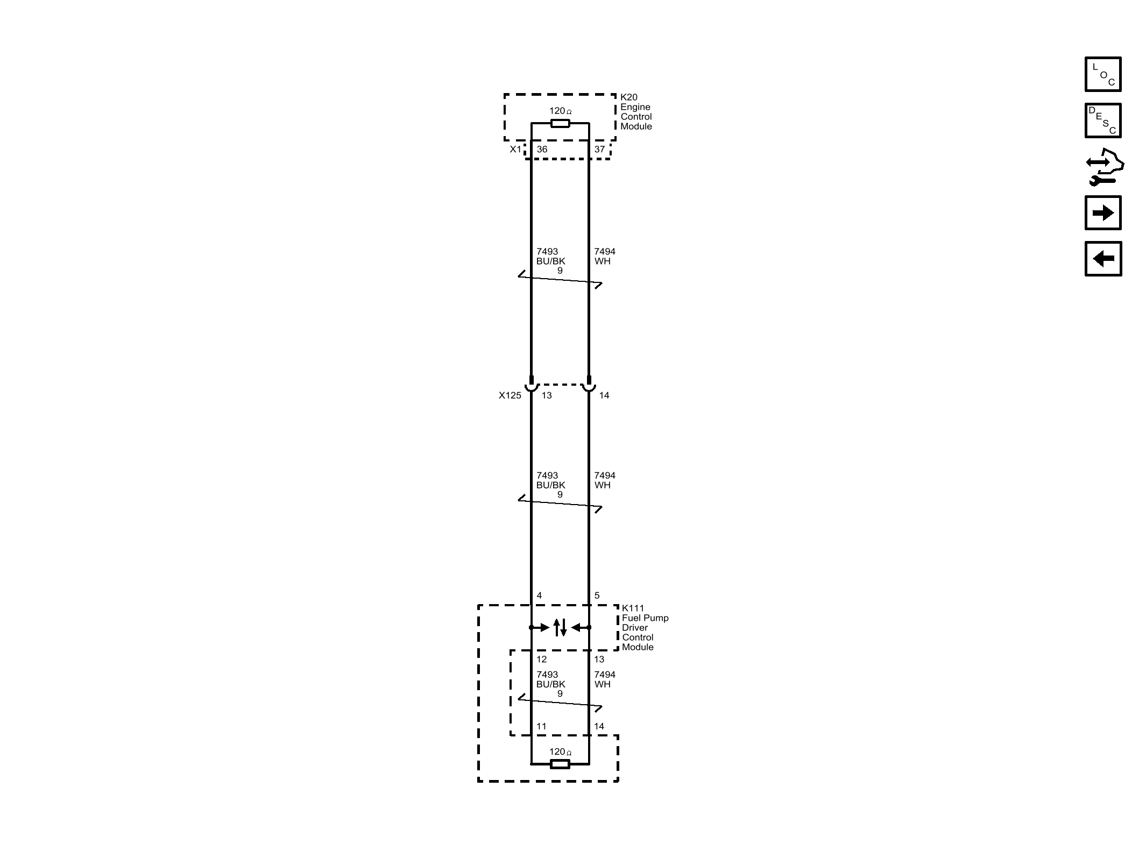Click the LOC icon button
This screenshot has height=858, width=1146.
1102,74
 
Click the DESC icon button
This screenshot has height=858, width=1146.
1102,120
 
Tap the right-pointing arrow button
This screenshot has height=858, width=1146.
1102,213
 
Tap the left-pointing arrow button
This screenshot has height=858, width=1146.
1102,259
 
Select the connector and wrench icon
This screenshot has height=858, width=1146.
1104,167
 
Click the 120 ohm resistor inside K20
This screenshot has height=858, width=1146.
560,124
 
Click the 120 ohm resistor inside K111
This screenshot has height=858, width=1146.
560,764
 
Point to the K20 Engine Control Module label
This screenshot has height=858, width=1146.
636,112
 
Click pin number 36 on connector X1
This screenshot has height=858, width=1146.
542,150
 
